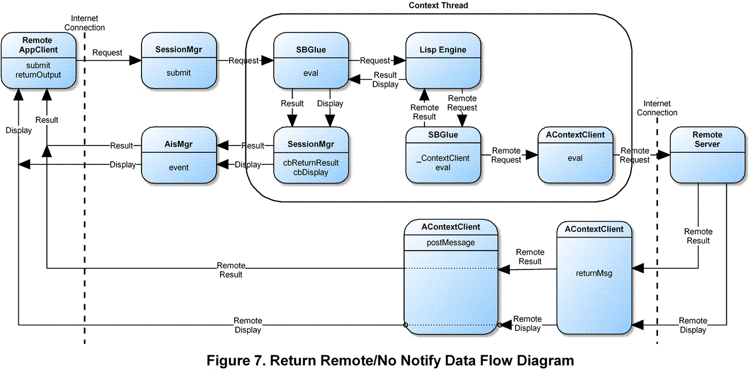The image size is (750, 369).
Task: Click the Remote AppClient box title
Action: click(x=37, y=44)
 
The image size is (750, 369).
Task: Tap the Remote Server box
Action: click(x=707, y=155)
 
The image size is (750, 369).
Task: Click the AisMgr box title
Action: click(x=178, y=144)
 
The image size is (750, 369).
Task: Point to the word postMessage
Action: click(x=451, y=243)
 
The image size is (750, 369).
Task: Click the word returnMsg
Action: click(x=593, y=273)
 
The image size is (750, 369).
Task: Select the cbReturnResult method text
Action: click(x=311, y=163)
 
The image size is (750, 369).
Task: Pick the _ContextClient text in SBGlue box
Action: click(x=443, y=158)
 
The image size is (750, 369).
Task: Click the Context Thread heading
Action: click(x=438, y=6)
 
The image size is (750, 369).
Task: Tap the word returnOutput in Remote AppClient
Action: click(x=38, y=74)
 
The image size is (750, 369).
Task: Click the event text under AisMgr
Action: click(x=178, y=168)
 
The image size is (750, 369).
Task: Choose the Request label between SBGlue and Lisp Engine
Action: click(x=376, y=60)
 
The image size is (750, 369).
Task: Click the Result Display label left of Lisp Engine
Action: click(x=385, y=80)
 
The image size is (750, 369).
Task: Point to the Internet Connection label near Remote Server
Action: click(x=657, y=108)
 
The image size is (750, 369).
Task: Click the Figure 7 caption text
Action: click(x=390, y=360)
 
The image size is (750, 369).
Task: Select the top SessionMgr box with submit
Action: click(x=178, y=60)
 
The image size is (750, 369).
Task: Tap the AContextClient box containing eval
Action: click(x=575, y=155)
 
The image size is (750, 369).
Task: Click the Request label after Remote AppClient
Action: click(x=107, y=52)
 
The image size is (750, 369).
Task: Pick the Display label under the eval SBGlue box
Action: click(x=330, y=103)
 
